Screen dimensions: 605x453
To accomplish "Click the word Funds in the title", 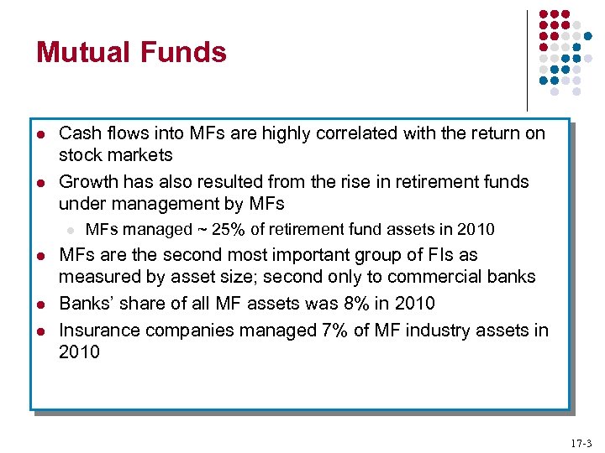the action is tap(183, 52).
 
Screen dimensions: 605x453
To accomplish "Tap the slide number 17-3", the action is tap(581, 444).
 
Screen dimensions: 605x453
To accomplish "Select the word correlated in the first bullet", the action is tap(356, 133).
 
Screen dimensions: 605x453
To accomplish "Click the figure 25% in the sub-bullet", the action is tap(228, 229).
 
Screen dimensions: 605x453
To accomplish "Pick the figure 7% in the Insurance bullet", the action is tap(334, 331).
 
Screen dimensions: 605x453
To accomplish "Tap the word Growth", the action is tap(88, 181).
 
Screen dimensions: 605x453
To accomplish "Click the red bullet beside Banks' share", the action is tap(41, 305).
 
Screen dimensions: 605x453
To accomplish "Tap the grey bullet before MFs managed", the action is tap(71, 231).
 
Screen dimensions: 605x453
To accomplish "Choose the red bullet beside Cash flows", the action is tap(41, 135).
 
